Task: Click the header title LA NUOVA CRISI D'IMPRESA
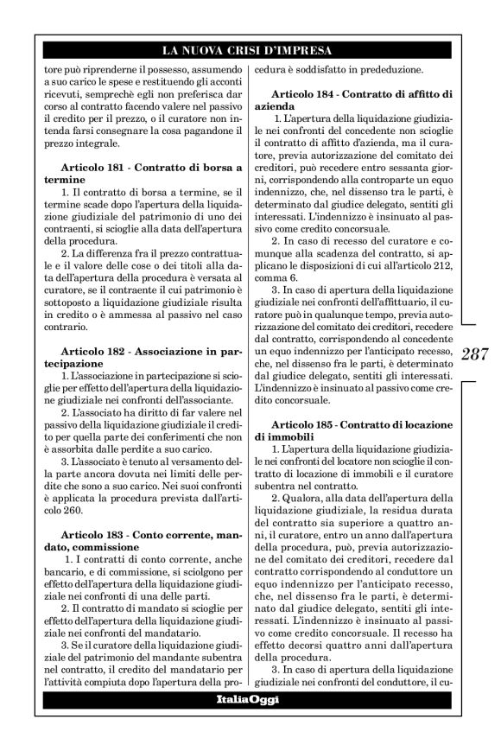pyautogui.click(x=250, y=49)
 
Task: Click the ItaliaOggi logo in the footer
pyautogui.click(x=250, y=699)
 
